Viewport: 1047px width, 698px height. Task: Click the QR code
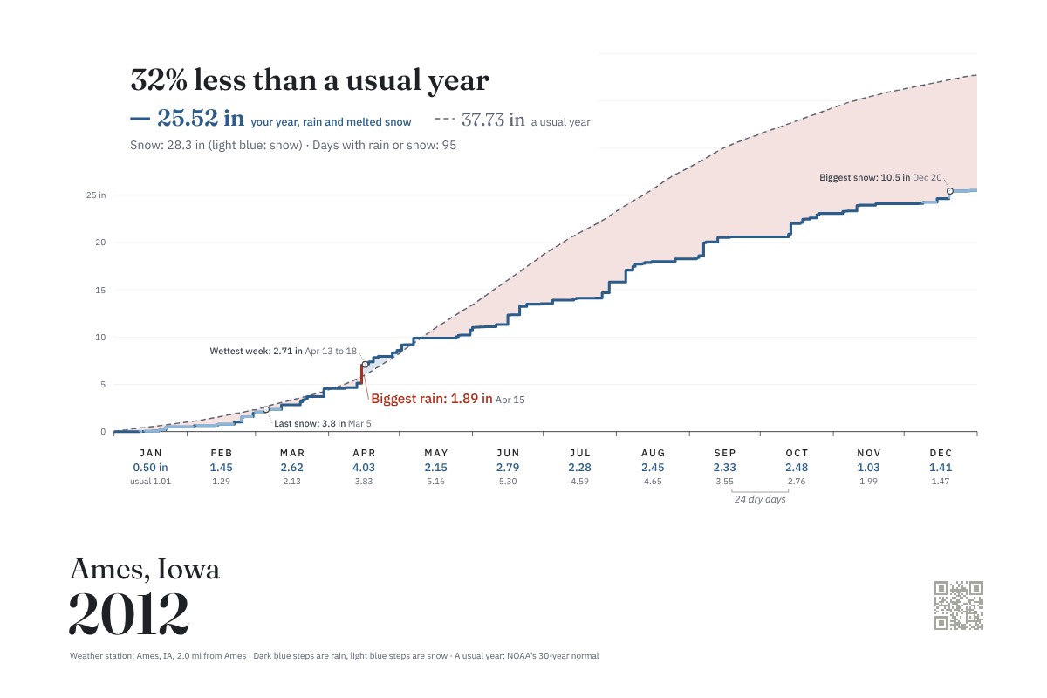[x=959, y=606]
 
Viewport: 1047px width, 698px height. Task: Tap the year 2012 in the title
[x=129, y=613]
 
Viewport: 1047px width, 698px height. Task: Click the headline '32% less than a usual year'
[x=310, y=80]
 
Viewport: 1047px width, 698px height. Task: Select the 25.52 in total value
[x=201, y=118]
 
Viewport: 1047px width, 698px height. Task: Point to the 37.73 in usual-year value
[x=493, y=120]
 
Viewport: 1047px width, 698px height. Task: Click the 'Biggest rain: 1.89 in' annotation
[x=431, y=399]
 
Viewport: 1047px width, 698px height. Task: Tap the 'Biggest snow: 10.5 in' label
[x=865, y=178]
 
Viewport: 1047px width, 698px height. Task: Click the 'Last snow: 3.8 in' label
[x=310, y=423]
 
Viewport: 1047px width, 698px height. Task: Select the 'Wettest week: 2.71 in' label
[x=257, y=351]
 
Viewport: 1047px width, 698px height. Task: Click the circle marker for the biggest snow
[x=950, y=191]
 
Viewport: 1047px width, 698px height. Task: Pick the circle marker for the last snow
[x=266, y=409]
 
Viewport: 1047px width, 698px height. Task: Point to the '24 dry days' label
[x=760, y=499]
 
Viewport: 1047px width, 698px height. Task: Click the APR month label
[x=364, y=453]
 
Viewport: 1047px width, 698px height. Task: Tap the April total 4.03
[x=364, y=468]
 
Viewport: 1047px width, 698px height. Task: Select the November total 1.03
[x=868, y=468]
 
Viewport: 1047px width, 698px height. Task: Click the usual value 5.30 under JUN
[x=508, y=482]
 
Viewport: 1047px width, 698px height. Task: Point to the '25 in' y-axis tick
[x=96, y=195]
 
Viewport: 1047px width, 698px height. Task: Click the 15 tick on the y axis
[x=100, y=291]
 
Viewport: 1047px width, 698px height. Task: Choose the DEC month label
[x=941, y=453]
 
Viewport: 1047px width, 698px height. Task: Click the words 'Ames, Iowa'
[x=145, y=569]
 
